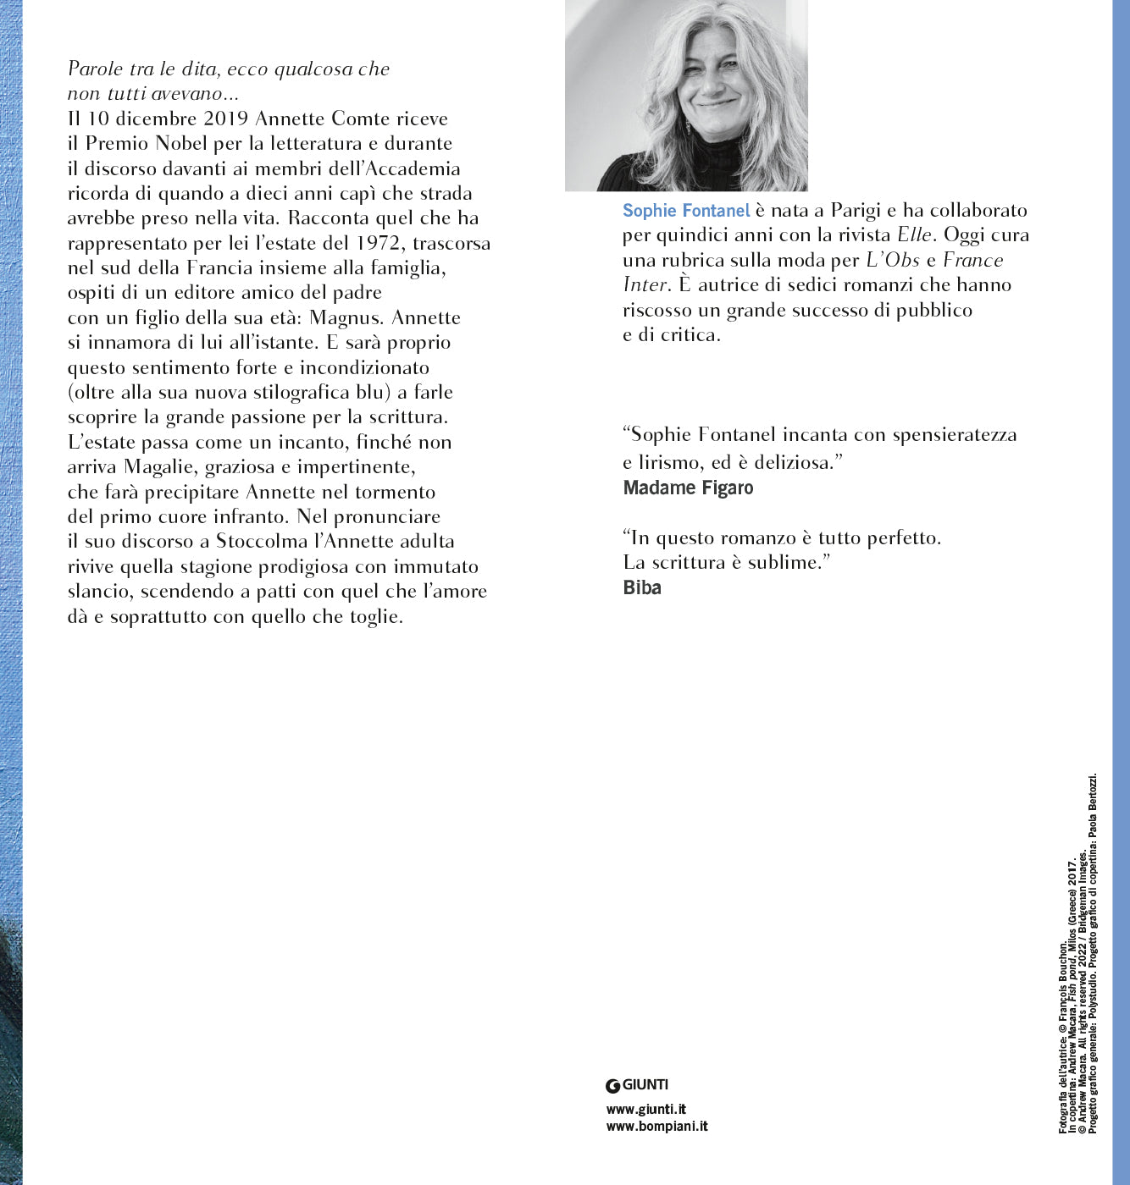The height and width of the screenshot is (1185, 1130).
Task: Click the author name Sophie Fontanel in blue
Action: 686,211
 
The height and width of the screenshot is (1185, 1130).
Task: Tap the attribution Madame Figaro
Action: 688,488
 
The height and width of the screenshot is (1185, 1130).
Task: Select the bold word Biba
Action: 642,587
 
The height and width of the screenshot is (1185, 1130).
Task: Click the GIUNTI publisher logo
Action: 637,1085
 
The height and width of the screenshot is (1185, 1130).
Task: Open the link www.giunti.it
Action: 646,1109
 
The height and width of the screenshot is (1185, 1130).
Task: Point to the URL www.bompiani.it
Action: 656,1127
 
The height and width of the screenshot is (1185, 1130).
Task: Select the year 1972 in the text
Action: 379,243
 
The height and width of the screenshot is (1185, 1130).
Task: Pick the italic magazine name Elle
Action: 914,235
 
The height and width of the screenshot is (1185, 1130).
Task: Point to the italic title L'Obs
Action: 892,260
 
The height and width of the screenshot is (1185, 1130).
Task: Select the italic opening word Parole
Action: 95,69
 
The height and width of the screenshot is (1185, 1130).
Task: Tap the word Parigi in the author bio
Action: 856,211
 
